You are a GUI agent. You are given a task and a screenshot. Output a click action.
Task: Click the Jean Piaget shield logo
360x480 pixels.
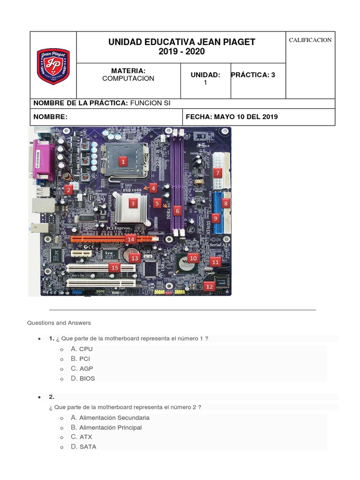pyautogui.click(x=53, y=66)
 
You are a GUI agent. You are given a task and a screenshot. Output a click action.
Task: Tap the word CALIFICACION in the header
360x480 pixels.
pyautogui.click(x=310, y=40)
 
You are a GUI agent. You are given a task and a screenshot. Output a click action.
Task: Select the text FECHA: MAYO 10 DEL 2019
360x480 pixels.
pyautogui.click(x=232, y=117)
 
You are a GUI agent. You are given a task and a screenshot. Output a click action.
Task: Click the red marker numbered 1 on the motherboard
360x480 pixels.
pyautogui.click(x=123, y=162)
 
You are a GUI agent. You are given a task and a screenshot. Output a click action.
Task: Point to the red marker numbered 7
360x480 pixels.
pyautogui.click(x=217, y=172)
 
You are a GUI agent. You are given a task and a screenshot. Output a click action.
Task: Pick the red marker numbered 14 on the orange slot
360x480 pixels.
pyautogui.click(x=130, y=239)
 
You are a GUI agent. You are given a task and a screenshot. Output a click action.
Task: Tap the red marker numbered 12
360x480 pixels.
pyautogui.click(x=209, y=286)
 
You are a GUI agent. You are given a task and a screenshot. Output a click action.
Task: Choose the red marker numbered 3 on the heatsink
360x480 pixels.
pyautogui.click(x=133, y=203)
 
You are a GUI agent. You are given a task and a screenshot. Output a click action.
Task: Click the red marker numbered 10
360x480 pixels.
pyautogui.click(x=193, y=257)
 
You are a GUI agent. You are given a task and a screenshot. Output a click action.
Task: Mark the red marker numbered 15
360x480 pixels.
pyautogui.click(x=114, y=267)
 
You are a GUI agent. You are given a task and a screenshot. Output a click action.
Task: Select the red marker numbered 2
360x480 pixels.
pyautogui.click(x=68, y=190)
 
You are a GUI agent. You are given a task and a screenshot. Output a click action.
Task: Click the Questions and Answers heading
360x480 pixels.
pyautogui.click(x=59, y=323)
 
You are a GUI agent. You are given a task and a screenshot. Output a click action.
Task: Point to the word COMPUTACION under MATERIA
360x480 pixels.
pyautogui.click(x=128, y=78)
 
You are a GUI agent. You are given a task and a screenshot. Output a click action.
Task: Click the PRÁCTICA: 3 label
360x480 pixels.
pyautogui.click(x=253, y=75)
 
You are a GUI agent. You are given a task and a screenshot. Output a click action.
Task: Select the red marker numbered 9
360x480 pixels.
pyautogui.click(x=215, y=218)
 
